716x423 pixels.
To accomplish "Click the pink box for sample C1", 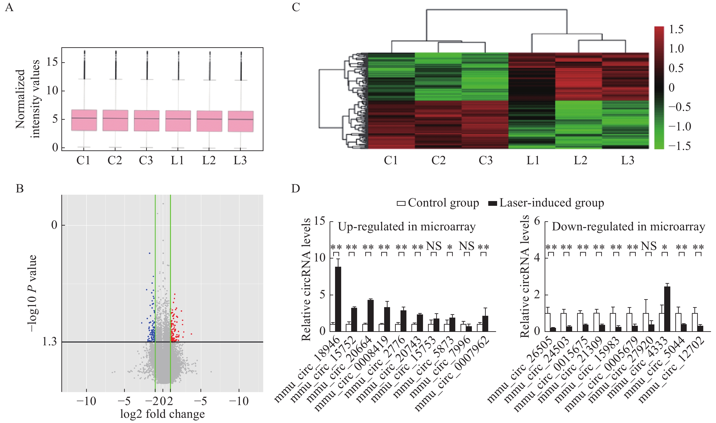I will (x=84, y=120).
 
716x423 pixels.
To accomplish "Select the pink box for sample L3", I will (x=241, y=122).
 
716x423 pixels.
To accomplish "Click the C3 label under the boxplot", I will (x=146, y=160).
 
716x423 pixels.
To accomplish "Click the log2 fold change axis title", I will (x=162, y=414).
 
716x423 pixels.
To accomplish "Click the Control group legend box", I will (x=401, y=203).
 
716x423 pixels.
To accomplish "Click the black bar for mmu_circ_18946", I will (x=338, y=299).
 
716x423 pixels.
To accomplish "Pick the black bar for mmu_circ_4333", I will (x=667, y=309).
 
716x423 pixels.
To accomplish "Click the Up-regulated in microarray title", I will (x=407, y=227).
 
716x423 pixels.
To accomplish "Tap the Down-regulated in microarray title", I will (x=628, y=227).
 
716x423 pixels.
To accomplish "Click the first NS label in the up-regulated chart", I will (x=434, y=246).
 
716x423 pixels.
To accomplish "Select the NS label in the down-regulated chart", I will (x=649, y=246).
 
